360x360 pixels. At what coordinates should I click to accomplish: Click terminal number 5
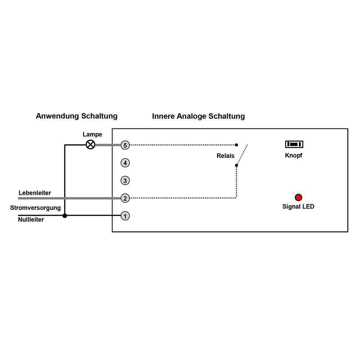(125, 145)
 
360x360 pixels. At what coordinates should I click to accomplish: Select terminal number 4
(125, 163)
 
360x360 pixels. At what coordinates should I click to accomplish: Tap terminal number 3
(125, 180)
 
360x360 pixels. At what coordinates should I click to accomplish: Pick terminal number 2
(125, 198)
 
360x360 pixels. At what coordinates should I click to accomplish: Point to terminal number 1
(125, 216)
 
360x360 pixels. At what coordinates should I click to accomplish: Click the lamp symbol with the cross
(90, 145)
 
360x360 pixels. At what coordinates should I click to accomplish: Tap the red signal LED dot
(298, 197)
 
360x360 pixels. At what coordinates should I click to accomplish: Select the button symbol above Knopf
(294, 144)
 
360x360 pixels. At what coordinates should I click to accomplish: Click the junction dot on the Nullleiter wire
(65, 216)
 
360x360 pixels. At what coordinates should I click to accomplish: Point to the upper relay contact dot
(237, 145)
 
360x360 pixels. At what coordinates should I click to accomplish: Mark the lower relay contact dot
(237, 165)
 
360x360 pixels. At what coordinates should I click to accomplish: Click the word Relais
(225, 156)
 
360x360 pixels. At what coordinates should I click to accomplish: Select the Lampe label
(92, 135)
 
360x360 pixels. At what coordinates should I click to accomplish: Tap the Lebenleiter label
(35, 193)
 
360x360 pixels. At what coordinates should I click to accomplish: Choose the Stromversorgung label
(35, 208)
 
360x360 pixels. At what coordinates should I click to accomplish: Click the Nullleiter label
(31, 220)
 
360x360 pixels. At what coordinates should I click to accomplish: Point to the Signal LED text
(298, 207)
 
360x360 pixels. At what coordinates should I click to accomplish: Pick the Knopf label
(294, 156)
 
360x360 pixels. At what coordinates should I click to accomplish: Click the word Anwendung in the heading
(57, 116)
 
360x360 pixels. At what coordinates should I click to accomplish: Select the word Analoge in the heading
(192, 116)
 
